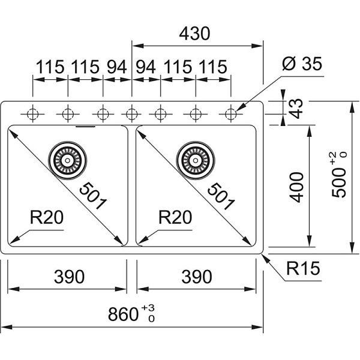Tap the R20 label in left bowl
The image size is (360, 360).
46,218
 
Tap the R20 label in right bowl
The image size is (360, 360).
175,218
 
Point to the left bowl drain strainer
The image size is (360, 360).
67,160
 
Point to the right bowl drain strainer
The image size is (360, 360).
194,160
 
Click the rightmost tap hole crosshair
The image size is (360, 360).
231,113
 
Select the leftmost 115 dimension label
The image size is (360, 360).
50,67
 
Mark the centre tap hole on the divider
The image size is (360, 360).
131,113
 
